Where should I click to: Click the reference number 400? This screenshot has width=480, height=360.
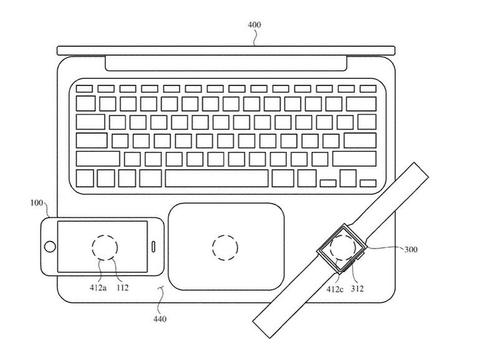tap(254, 25)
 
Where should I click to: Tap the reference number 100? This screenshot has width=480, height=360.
tap(37, 204)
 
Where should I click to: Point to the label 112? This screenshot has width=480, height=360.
tap(122, 288)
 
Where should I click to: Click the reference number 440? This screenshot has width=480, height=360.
tap(160, 320)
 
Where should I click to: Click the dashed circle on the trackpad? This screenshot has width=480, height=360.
tap(225, 247)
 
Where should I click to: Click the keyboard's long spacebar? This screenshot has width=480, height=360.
tap(216, 178)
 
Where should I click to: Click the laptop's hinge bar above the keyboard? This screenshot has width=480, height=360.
tap(226, 62)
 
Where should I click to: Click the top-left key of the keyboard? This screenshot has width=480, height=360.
tap(85, 88)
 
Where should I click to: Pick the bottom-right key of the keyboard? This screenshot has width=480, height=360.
tap(368, 182)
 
